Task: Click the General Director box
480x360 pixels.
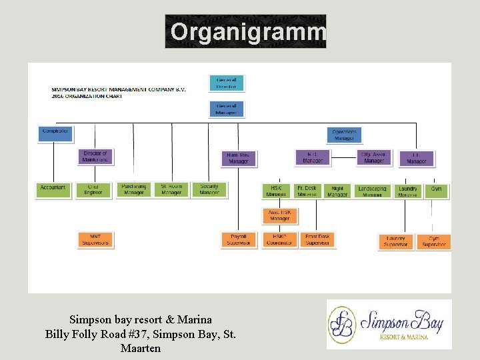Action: [x=226, y=83]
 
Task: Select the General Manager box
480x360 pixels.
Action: [x=226, y=109]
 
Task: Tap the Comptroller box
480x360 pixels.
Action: [x=55, y=133]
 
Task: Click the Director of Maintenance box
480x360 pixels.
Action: [x=95, y=157]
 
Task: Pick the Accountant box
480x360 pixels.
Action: [x=53, y=190]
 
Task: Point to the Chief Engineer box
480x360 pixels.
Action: [x=93, y=190]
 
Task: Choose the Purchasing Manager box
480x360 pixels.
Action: [x=133, y=190]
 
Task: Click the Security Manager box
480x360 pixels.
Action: [x=209, y=190]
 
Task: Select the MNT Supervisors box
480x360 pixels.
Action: [x=95, y=240]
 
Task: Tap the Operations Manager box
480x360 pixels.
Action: [x=344, y=135]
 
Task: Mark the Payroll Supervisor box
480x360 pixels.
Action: [x=238, y=240]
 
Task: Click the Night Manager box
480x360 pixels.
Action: [x=337, y=191]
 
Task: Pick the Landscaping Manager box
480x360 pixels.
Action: [x=372, y=191]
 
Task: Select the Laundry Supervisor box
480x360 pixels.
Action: [x=395, y=241]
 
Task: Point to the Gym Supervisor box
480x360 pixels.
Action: [x=434, y=241]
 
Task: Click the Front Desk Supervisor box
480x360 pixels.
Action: [x=317, y=240]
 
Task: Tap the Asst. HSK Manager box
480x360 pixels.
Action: [x=279, y=215]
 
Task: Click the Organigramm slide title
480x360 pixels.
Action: [x=246, y=31]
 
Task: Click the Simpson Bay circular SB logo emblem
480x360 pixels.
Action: [x=343, y=324]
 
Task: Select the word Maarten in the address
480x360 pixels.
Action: [x=141, y=347]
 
